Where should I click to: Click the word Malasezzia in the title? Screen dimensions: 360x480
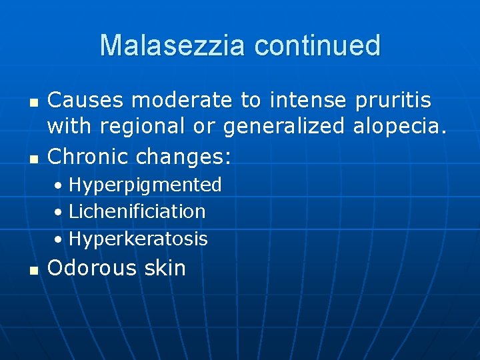(173, 45)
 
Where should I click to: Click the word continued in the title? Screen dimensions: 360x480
(317, 45)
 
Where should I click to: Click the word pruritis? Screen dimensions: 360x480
(393, 100)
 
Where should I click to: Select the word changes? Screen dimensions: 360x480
(183, 157)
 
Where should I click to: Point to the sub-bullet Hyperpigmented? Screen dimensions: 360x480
(145, 185)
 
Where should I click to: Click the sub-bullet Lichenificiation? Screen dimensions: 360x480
(137, 212)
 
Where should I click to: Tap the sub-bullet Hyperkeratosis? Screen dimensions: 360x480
(138, 239)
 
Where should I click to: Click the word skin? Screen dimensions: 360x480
(163, 268)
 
